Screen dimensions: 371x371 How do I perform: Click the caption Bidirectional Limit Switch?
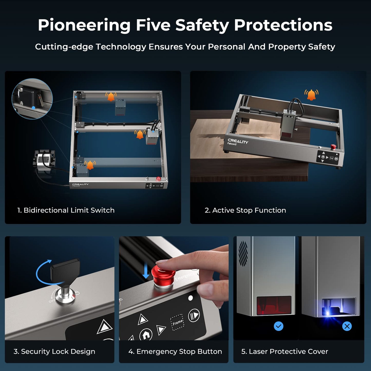pyautogui.click(x=66, y=210)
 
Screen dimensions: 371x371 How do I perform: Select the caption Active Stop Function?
pyautogui.click(x=245, y=210)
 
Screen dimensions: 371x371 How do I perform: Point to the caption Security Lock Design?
pyautogui.click(x=54, y=351)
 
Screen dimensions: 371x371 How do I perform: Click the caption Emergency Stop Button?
pyautogui.click(x=175, y=351)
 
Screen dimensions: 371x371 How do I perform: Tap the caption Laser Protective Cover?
pyautogui.click(x=284, y=351)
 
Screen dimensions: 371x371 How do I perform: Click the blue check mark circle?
pyautogui.click(x=278, y=326)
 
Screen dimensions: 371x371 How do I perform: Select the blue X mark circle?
pyautogui.click(x=347, y=326)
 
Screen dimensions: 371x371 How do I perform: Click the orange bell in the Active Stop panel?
pyautogui.click(x=311, y=95)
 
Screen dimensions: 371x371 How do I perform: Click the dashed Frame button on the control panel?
pyautogui.click(x=177, y=322)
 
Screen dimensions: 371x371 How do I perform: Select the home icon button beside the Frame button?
pyautogui.click(x=146, y=335)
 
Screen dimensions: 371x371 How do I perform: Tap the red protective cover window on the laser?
pyautogui.click(x=274, y=306)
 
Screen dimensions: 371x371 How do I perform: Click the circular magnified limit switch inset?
pyautogui.click(x=32, y=99)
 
